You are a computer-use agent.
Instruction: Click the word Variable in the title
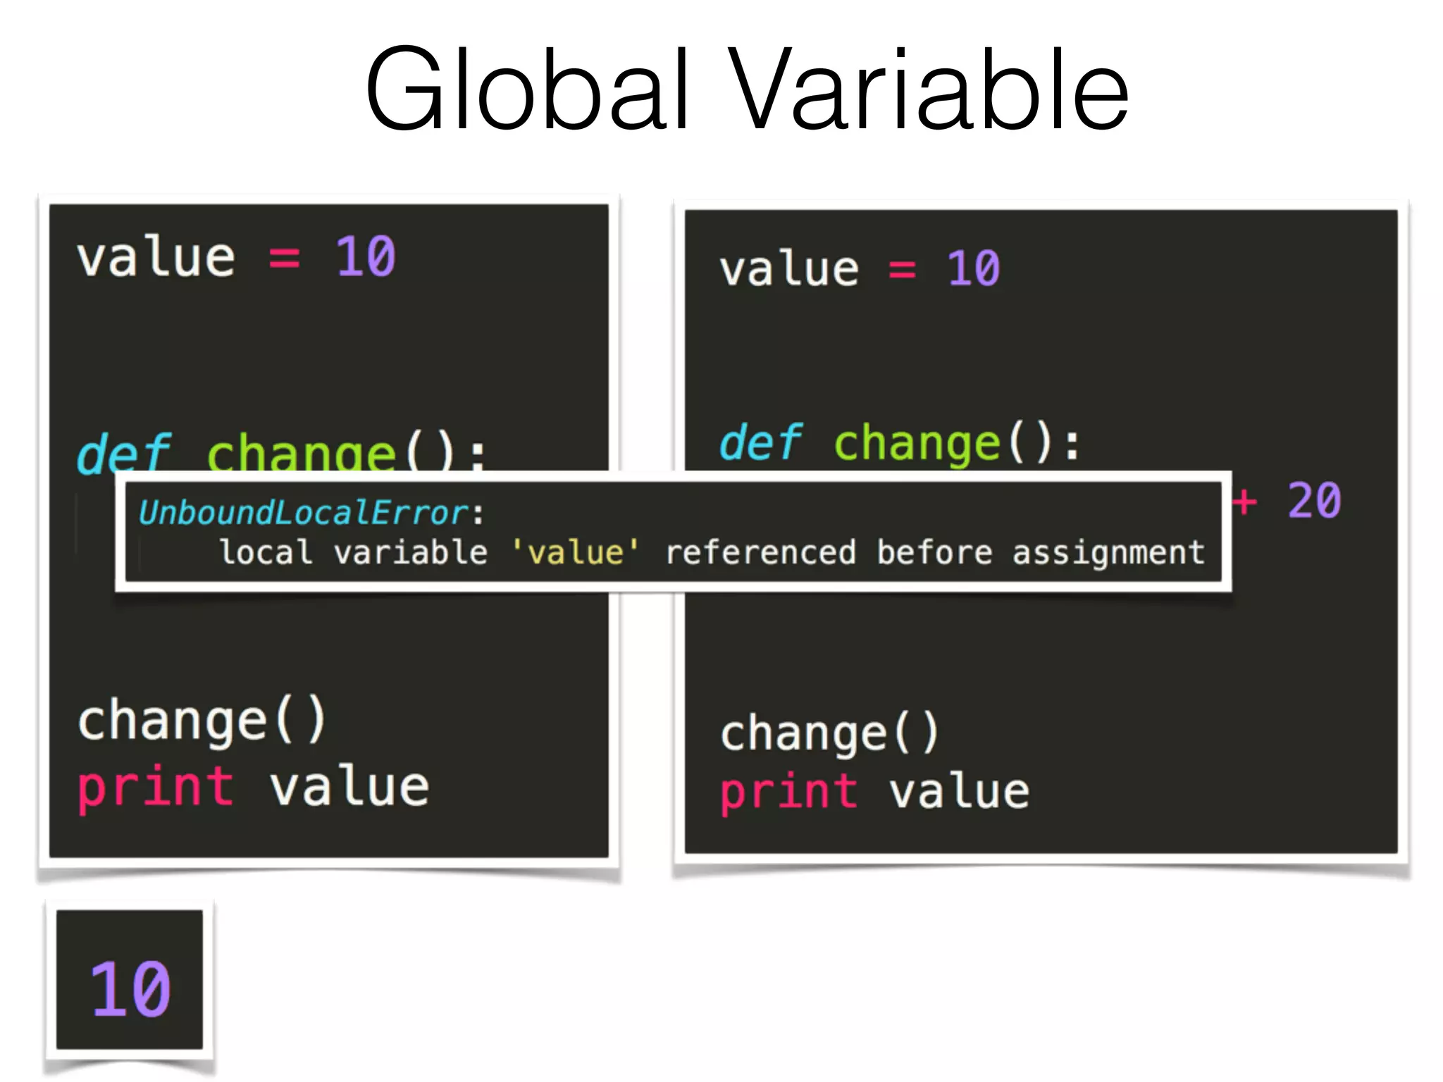coord(928,89)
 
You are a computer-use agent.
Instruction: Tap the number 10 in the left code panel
coord(366,256)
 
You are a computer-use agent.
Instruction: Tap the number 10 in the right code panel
coord(973,268)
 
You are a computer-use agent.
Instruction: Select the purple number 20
coord(1314,501)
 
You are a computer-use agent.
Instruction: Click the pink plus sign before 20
coord(1244,501)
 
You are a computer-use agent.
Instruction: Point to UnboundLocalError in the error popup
coord(304,513)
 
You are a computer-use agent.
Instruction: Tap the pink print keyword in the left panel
coord(155,788)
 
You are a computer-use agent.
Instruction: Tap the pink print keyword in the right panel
coord(788,792)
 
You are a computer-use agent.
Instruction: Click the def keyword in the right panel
coord(760,443)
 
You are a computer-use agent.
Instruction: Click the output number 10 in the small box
coord(130,989)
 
